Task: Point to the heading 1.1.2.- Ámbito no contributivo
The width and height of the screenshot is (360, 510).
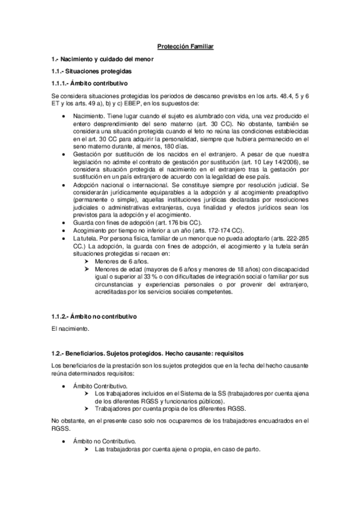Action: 95,316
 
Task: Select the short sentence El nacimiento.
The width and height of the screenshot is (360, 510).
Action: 70,329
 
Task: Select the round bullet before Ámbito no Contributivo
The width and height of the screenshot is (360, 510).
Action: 63,441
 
